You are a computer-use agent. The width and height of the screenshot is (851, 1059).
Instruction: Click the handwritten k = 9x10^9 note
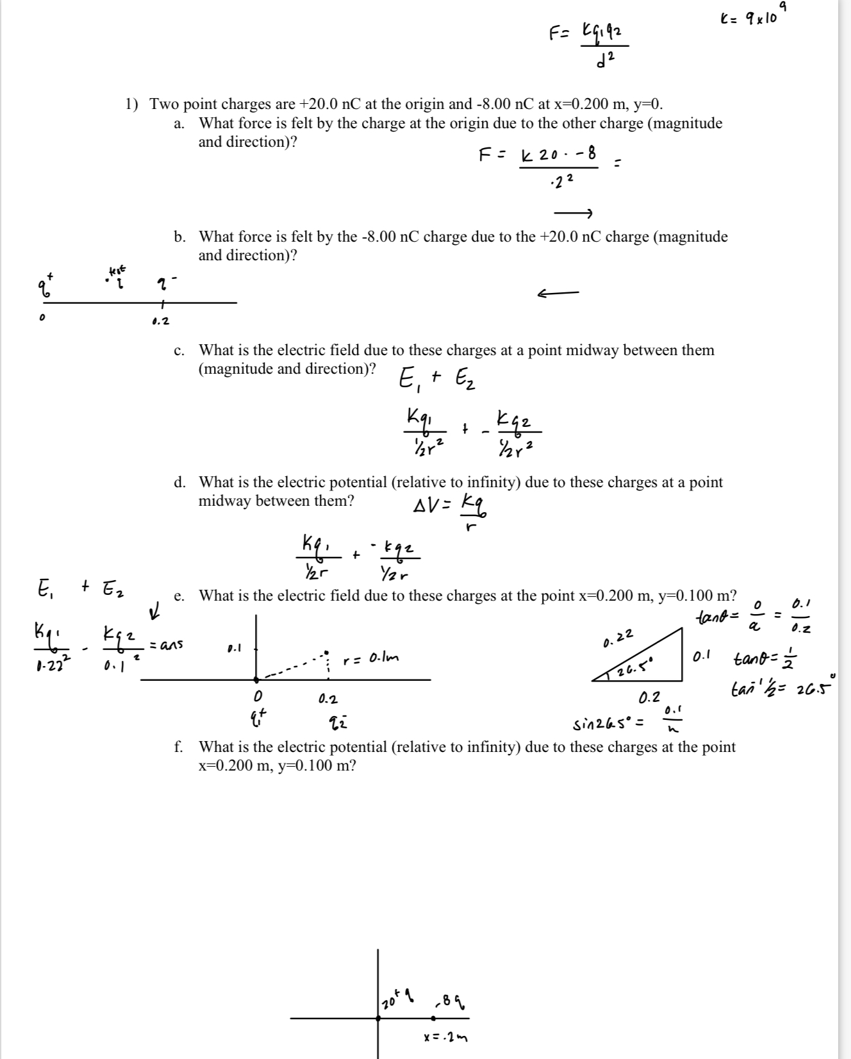point(748,17)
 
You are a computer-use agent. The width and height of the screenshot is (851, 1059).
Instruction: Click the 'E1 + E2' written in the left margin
point(79,587)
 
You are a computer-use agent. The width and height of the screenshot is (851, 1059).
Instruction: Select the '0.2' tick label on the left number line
point(161,321)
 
